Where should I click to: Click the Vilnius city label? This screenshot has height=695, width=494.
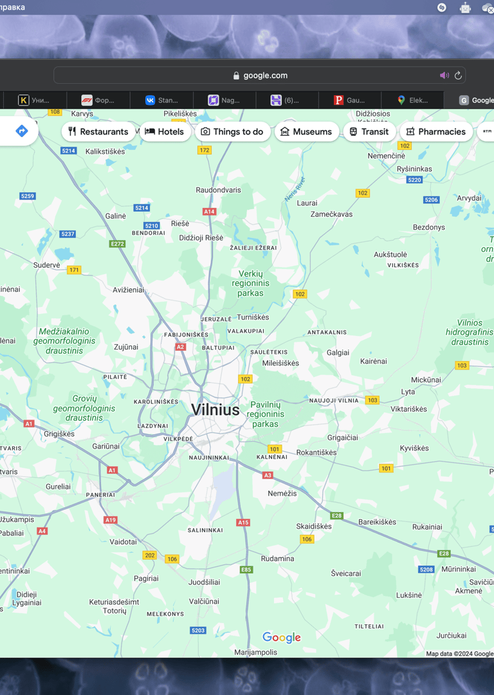[x=215, y=410]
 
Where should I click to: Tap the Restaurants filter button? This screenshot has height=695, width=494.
[x=98, y=132]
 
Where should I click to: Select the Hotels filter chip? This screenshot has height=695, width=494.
[x=164, y=132]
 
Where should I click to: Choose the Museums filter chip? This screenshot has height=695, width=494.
[x=307, y=132]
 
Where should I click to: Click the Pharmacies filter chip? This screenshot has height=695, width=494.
[x=435, y=132]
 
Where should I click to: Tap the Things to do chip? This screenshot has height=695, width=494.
[x=232, y=132]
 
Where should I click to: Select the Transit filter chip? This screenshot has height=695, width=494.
[x=369, y=132]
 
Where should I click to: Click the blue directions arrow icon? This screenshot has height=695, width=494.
[x=21, y=131]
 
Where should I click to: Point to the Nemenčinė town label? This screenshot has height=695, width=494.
[x=386, y=156]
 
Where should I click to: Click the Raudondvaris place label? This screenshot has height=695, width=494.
[x=218, y=190]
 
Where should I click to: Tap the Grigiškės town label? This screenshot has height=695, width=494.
[x=59, y=434]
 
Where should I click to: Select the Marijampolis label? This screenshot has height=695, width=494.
[x=255, y=652]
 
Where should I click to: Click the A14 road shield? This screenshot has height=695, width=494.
[x=209, y=212]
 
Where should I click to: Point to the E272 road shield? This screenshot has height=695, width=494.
[x=117, y=244]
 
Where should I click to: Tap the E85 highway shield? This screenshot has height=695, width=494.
[x=246, y=570]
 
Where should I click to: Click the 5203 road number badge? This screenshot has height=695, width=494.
[x=198, y=630]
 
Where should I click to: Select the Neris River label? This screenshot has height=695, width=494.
[x=295, y=189]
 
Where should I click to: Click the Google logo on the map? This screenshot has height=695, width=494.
[x=282, y=637]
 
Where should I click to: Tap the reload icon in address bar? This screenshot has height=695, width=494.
[x=458, y=75]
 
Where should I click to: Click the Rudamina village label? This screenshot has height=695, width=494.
[x=277, y=559]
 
